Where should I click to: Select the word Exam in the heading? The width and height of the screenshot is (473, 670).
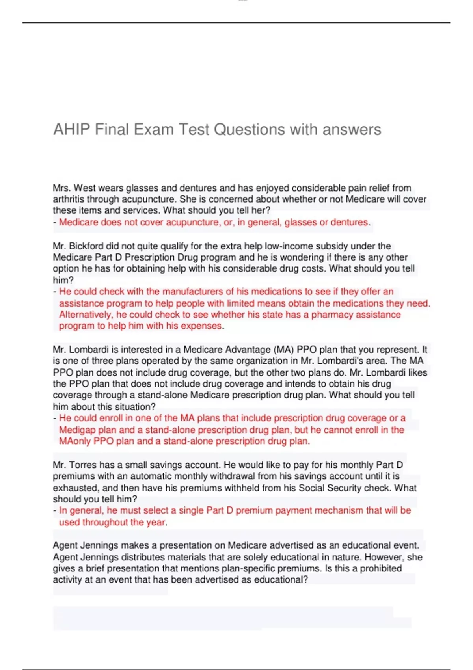tap(154, 129)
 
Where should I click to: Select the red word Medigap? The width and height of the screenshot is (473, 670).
tap(77, 430)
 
